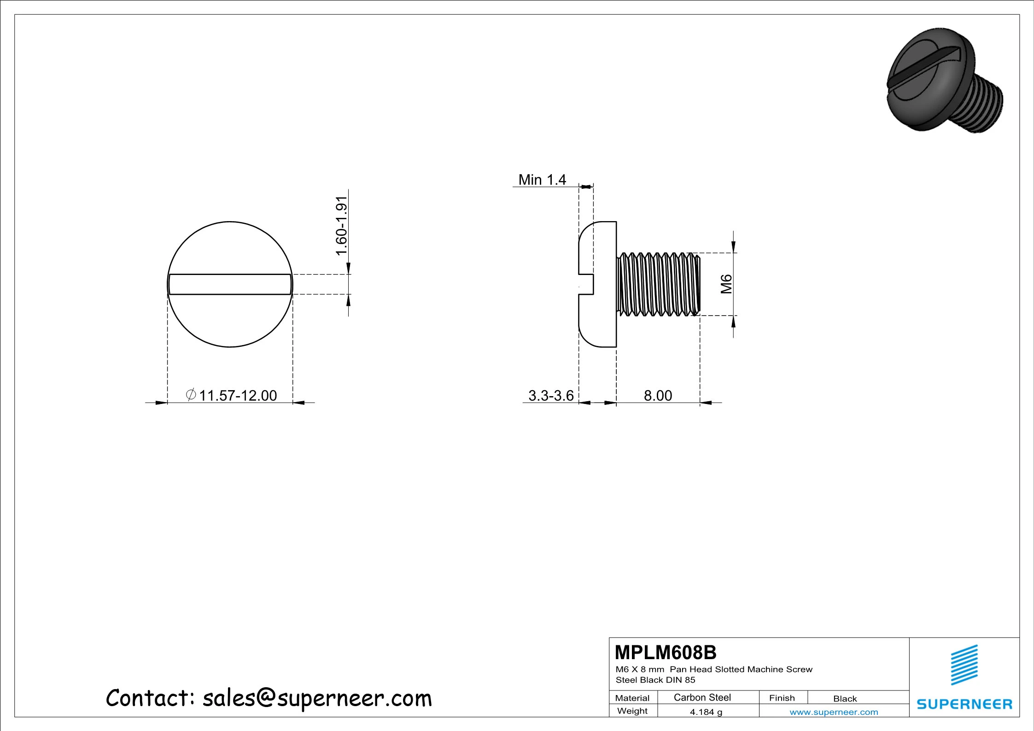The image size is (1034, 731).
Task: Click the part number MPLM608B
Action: point(666,653)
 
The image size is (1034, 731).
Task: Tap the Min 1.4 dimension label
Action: point(542,180)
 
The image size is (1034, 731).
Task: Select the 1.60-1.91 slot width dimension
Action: point(341,226)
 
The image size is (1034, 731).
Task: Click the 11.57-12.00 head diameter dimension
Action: point(238,396)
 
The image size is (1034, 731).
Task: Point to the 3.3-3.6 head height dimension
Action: point(551,396)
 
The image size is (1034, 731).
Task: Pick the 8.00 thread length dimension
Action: point(658,396)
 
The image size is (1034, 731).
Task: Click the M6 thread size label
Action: point(726,284)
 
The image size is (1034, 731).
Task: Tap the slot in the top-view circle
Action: point(230,284)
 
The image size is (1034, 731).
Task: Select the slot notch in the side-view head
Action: point(586,284)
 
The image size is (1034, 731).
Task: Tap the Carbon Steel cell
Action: point(702,697)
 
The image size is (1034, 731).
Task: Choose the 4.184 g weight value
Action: point(706,712)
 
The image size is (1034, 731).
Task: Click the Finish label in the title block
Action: point(782,698)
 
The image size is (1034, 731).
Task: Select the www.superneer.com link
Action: point(834,712)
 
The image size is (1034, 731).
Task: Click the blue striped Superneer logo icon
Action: point(964,665)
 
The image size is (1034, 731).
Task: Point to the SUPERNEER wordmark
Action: point(964,704)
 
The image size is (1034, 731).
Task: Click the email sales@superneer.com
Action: point(317,698)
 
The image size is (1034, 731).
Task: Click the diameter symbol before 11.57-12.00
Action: point(191,395)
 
